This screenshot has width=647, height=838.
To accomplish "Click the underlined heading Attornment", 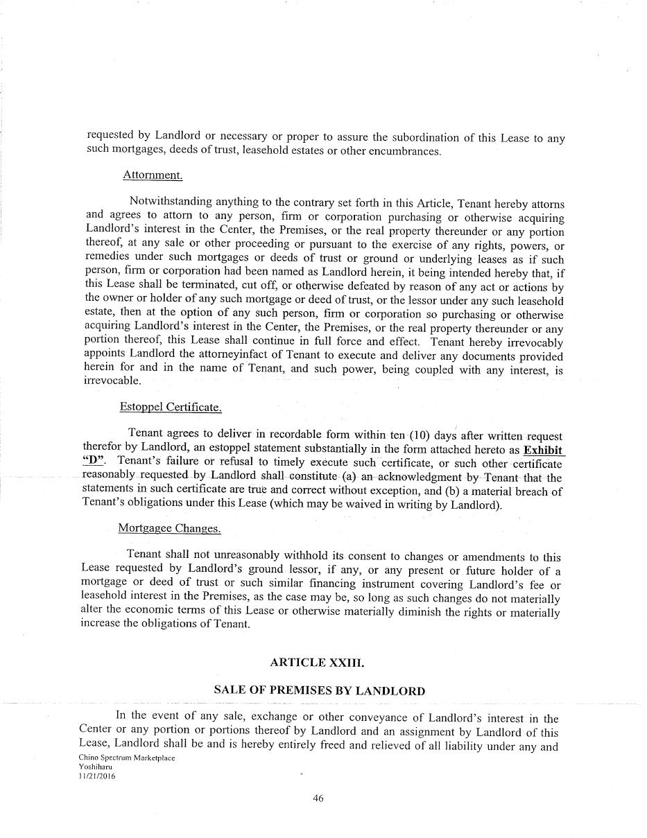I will [153, 175].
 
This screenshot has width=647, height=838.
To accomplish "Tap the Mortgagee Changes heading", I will [169, 528].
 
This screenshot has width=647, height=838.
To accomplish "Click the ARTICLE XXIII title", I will [317, 663].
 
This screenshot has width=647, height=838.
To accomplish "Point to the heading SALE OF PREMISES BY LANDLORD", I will [319, 690].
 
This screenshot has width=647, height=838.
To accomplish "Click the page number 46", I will [318, 798].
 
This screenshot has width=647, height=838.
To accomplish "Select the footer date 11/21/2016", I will [97, 776].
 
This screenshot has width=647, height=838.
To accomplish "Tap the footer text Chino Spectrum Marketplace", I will [127, 758].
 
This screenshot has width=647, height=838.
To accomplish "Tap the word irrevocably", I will [535, 342].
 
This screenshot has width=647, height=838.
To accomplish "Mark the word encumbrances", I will [403, 151].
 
